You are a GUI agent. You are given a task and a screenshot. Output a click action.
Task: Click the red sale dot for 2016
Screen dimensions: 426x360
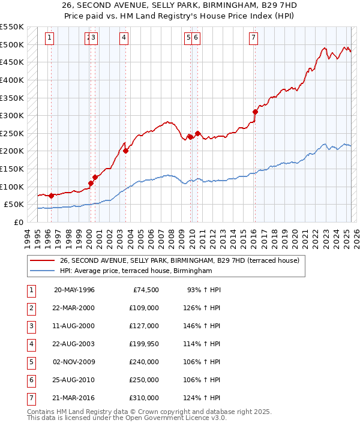click(255, 112)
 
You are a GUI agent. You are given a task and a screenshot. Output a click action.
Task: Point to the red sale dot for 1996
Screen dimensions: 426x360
click(51, 196)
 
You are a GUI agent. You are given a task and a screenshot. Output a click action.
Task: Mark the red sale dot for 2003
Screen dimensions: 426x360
click(125, 151)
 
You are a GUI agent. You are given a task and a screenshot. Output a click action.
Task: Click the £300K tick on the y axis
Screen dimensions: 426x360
click(11, 115)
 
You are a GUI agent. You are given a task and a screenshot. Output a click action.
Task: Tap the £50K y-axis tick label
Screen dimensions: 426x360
click(14, 205)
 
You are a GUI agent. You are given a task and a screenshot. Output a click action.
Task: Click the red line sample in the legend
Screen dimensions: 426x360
click(43, 260)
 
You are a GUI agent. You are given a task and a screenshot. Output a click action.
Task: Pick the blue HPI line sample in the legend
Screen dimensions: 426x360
click(43, 271)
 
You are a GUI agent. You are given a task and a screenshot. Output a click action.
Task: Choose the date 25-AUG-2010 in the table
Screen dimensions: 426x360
click(74, 380)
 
